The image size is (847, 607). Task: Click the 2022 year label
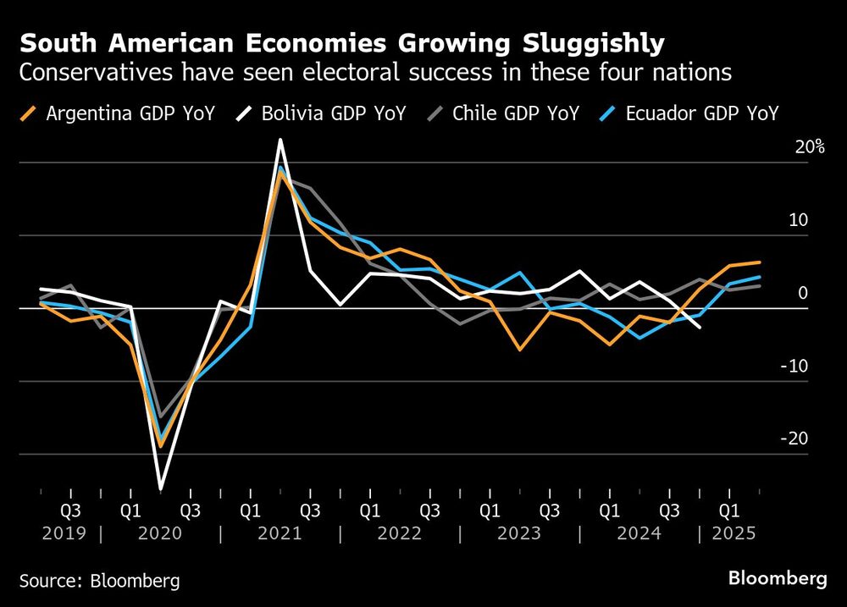click(x=400, y=534)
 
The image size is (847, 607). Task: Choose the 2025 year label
click(x=734, y=534)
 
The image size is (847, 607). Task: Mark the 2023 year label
click(x=519, y=534)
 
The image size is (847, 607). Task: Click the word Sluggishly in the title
click(x=577, y=43)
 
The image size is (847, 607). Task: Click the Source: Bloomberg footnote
click(x=100, y=581)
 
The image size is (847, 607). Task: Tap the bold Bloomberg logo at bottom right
click(x=778, y=579)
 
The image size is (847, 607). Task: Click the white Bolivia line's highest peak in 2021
click(x=280, y=141)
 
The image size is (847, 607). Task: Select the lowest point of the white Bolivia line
click(x=160, y=489)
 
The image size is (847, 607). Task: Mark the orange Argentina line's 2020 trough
click(x=160, y=446)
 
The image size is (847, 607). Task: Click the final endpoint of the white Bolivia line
click(x=700, y=328)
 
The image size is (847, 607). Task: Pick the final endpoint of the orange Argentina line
click(x=760, y=262)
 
